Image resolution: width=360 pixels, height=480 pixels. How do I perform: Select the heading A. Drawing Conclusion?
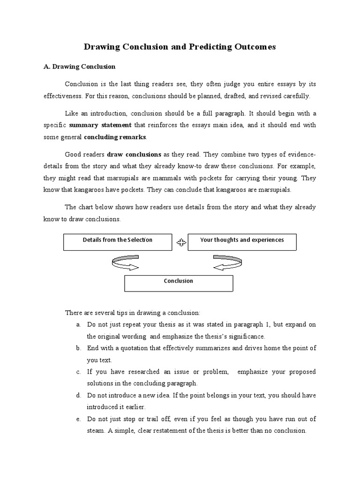click(x=79, y=67)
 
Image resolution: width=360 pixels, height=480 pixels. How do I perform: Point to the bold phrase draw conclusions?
click(x=134, y=154)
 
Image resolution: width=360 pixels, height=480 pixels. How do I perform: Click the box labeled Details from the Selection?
click(x=118, y=241)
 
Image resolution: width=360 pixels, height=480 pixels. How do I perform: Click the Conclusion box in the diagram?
click(x=178, y=283)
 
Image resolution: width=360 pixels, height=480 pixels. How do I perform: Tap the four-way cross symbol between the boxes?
click(x=181, y=242)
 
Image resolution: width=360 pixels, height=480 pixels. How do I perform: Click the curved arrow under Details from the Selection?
click(x=125, y=263)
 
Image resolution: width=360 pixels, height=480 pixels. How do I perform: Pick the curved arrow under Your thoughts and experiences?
click(x=228, y=263)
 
